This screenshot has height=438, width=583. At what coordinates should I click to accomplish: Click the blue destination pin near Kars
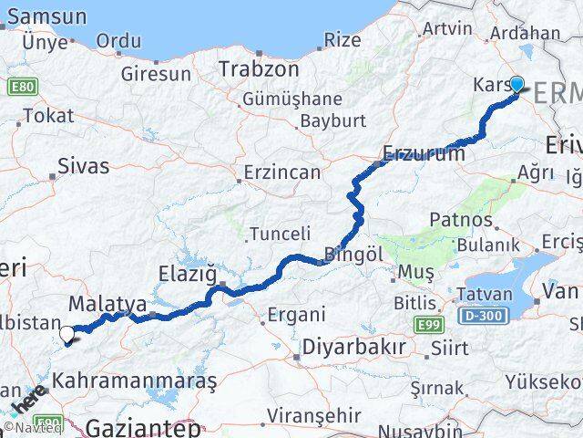point(517,85)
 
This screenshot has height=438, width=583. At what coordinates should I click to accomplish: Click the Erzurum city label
point(424,153)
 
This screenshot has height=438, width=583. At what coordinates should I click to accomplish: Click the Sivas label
point(83,166)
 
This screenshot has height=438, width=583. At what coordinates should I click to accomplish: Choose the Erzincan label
point(281,172)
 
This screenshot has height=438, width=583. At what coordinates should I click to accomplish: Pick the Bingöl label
point(353,255)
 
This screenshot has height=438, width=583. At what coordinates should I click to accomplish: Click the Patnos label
point(461,220)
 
